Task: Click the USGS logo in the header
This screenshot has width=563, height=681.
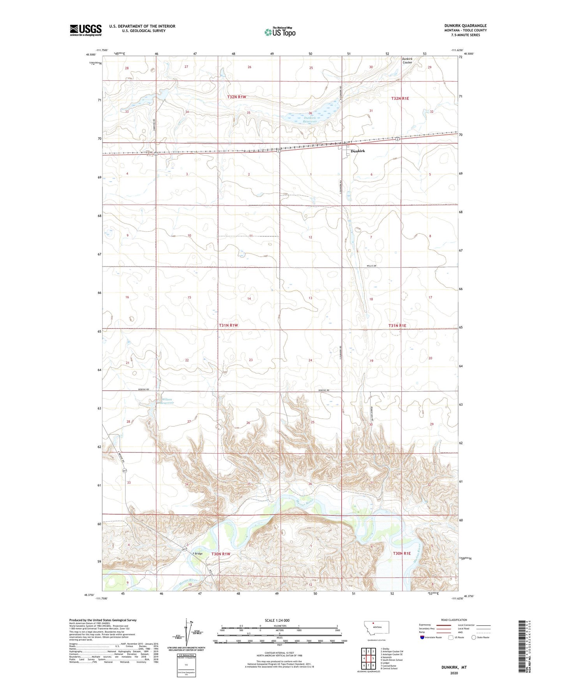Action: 86,30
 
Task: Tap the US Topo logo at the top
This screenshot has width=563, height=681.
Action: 280,32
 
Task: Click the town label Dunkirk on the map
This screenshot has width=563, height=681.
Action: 358,151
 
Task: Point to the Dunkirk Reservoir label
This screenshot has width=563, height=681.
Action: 311,119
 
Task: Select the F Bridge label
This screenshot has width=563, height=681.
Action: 198,553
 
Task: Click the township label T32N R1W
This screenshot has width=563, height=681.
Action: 237,97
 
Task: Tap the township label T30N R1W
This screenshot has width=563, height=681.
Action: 221,554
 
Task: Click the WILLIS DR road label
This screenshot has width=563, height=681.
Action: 371,266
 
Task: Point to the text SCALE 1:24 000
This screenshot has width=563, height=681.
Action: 277,620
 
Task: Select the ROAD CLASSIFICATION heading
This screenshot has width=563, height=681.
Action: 454,620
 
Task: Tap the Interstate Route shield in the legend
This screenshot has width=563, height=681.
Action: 423,637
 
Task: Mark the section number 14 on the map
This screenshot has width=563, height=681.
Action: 249,298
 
